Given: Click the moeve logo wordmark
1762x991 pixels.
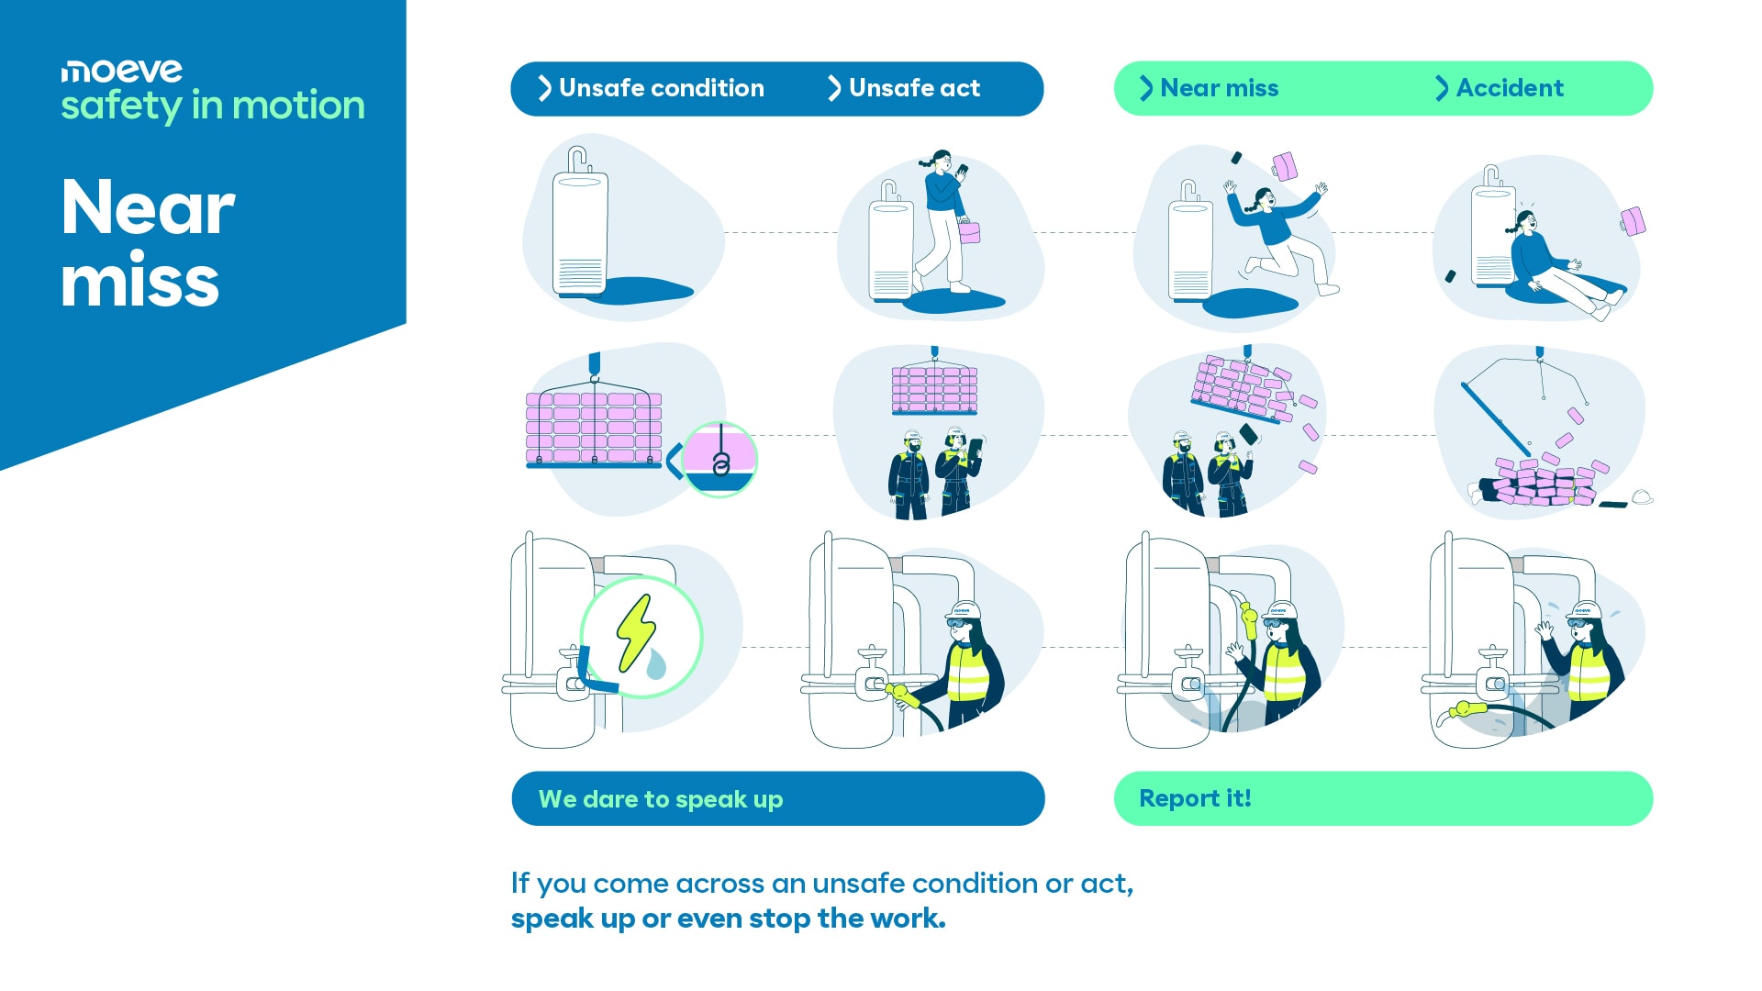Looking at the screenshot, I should click(121, 71).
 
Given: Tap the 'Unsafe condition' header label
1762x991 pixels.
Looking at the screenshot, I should click(661, 88).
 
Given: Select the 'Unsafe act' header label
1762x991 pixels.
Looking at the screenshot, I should click(914, 88).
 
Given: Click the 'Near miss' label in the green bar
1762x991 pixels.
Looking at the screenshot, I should click(1219, 88).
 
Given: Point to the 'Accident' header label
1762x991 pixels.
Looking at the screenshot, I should click(1510, 88).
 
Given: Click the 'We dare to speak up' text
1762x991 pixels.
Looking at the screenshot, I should click(661, 799).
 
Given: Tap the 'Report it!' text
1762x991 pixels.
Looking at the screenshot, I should click(1195, 798).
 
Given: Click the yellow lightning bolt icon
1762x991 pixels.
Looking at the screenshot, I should click(635, 631).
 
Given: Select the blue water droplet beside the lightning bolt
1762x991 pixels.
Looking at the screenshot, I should click(656, 663).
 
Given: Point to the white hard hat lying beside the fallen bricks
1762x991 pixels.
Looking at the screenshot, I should click(1642, 497).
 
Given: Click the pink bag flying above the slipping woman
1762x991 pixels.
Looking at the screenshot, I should click(1284, 166).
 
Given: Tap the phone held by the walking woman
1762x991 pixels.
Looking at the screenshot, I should click(962, 170).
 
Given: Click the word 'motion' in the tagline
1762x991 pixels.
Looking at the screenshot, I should click(298, 106).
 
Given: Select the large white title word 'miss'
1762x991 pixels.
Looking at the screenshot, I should click(139, 281).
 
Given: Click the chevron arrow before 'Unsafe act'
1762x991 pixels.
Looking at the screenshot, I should click(833, 88).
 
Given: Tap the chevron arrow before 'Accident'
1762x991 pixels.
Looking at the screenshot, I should click(1442, 88).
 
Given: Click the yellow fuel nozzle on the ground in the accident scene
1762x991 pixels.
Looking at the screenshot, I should click(1466, 709).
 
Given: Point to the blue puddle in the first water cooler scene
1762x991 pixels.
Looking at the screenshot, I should click(642, 291).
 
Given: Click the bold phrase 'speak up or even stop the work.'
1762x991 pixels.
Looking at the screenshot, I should click(728, 919).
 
